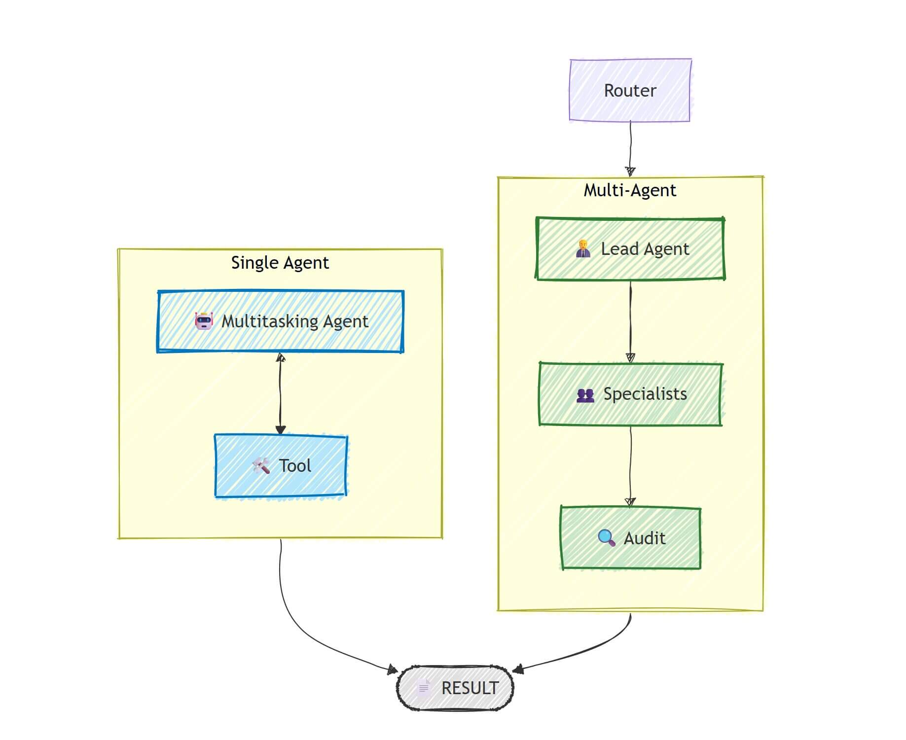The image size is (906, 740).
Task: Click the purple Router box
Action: click(630, 90)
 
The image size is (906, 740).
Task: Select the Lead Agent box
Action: click(630, 249)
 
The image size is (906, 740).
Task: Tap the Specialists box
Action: click(630, 394)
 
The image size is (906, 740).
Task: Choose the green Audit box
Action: click(630, 538)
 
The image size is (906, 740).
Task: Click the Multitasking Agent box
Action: click(280, 321)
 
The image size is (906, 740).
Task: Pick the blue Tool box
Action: click(280, 465)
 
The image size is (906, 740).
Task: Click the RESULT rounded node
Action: click(455, 688)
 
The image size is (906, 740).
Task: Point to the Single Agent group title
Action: click(280, 263)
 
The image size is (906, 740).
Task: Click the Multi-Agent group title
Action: click(630, 190)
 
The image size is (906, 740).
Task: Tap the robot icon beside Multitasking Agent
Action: click(204, 321)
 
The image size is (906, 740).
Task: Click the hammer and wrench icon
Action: click(261, 465)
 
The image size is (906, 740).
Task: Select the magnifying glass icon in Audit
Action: click(606, 538)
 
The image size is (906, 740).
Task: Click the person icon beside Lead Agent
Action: click(583, 249)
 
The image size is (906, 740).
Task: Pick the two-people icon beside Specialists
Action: click(585, 395)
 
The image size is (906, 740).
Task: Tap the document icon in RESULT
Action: click(423, 688)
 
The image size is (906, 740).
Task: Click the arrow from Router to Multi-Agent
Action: click(630, 148)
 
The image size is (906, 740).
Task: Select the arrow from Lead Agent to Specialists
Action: click(630, 320)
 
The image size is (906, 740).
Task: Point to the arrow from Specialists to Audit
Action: click(630, 466)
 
